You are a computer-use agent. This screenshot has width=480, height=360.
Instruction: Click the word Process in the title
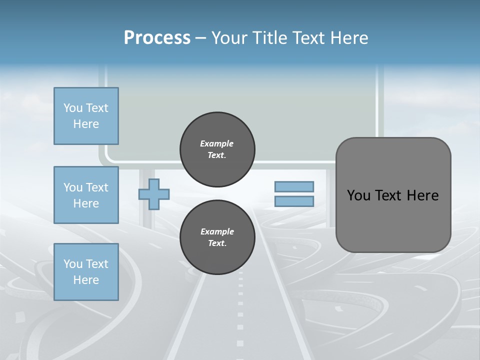(157, 38)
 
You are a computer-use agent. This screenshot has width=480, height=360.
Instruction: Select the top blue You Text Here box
(86, 116)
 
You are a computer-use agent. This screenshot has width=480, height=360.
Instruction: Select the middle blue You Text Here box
(86, 195)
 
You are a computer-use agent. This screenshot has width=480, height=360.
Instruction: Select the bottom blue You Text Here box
(86, 272)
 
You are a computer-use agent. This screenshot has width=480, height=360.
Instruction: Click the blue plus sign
(154, 194)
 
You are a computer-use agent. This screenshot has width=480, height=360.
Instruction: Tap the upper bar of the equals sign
(294, 186)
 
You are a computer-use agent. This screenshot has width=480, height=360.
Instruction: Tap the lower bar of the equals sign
(294, 201)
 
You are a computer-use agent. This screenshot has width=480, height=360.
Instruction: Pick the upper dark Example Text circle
(217, 149)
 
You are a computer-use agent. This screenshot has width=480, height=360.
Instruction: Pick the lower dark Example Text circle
(217, 237)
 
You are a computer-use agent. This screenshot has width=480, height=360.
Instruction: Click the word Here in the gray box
(423, 195)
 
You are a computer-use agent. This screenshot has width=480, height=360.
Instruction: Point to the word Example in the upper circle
(217, 143)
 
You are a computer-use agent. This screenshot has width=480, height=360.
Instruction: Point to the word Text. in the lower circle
(217, 243)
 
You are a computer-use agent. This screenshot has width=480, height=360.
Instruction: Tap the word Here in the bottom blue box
(86, 280)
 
